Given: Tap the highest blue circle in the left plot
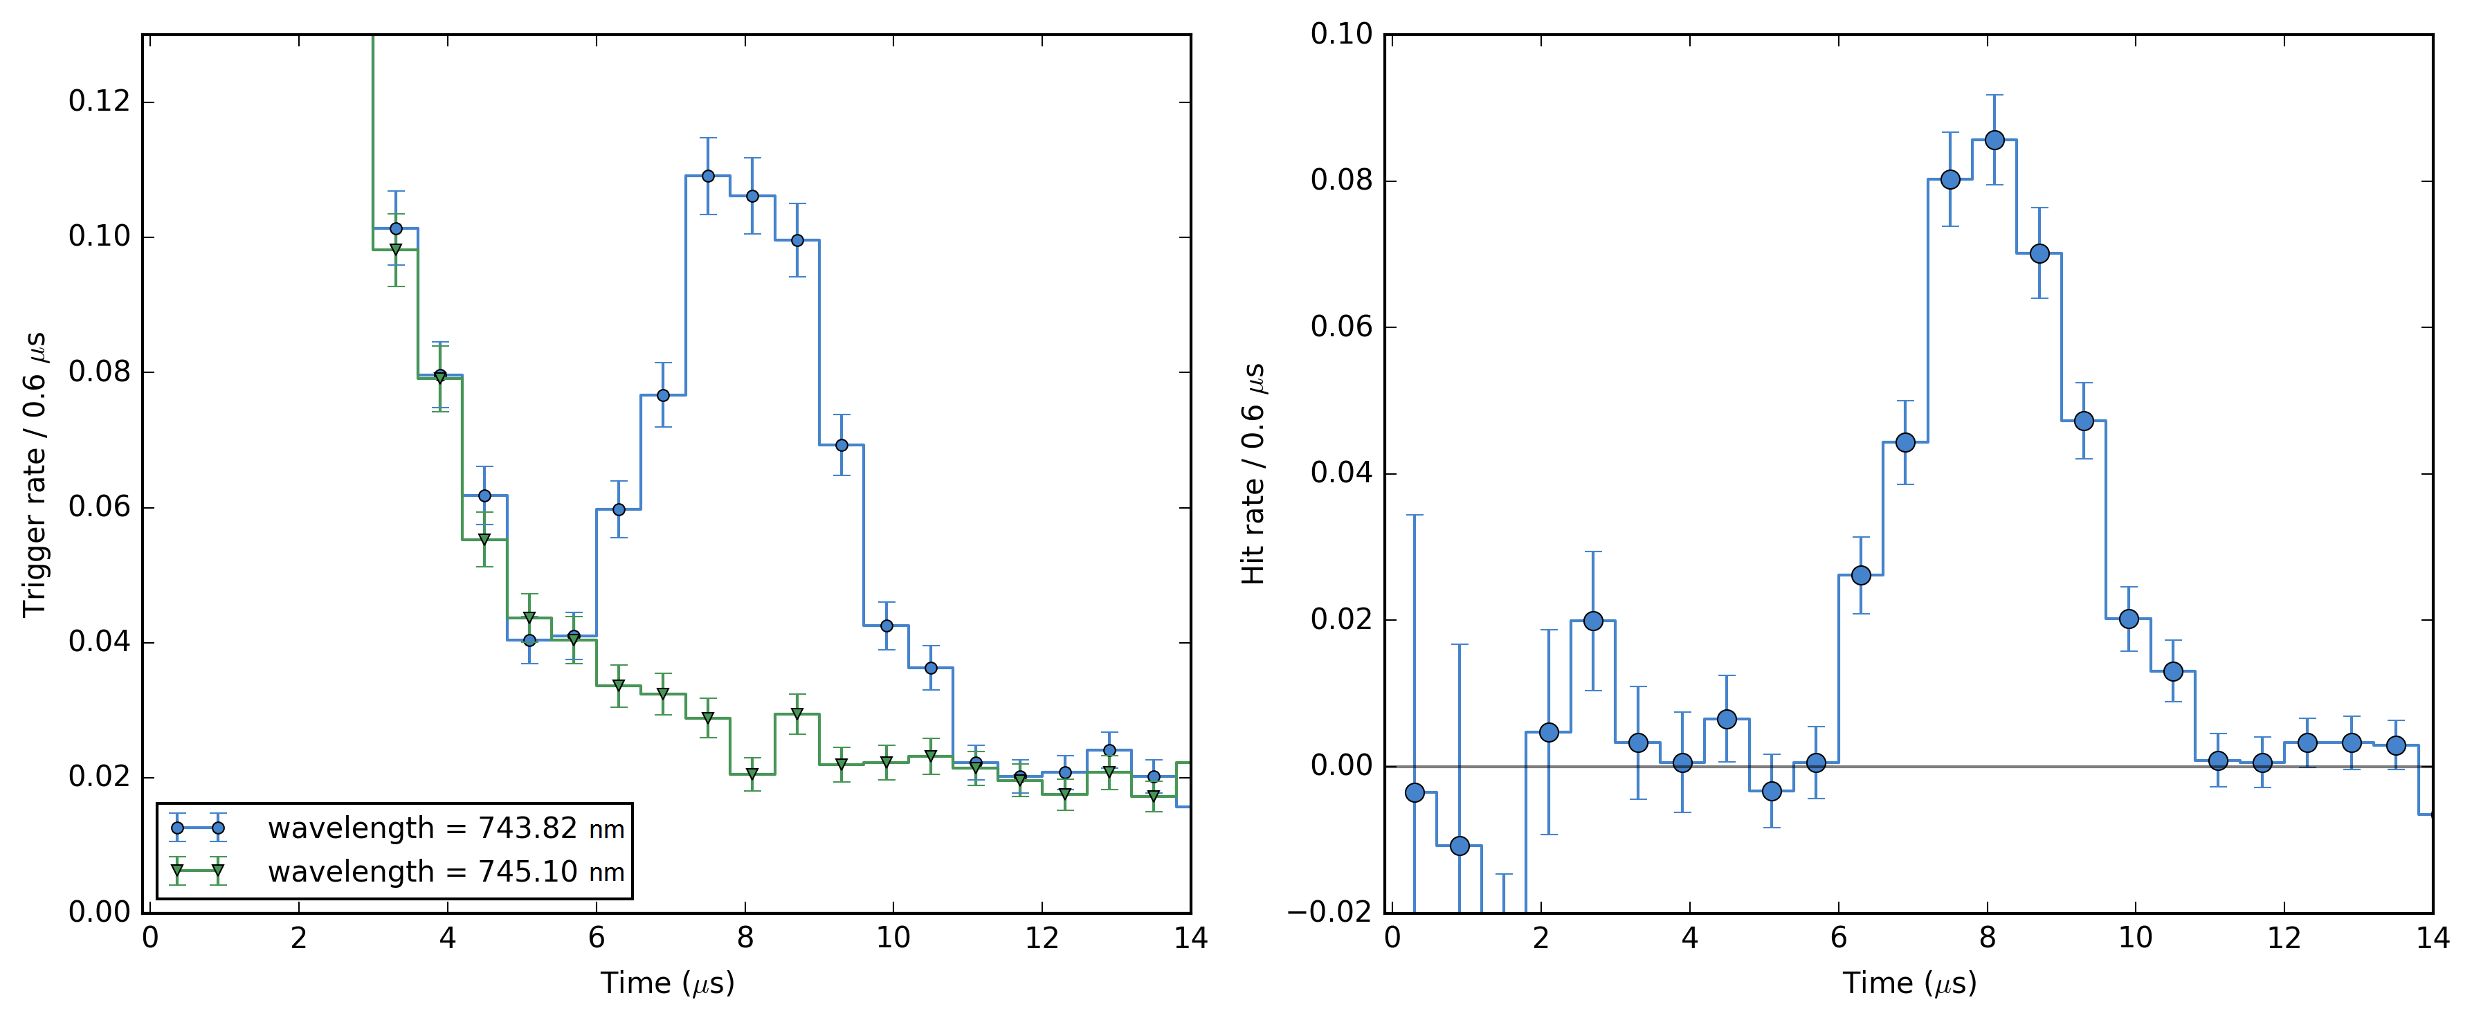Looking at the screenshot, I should coord(708,176).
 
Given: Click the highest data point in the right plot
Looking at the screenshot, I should coord(1994,140).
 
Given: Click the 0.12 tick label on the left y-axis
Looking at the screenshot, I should coord(99,101).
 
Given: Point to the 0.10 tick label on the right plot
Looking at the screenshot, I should coord(1340,35).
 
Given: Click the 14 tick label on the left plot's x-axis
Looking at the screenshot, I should coord(1190,938).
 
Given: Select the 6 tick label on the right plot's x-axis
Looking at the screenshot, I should coord(1837,938).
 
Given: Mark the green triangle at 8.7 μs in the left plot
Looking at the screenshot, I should coord(797,714).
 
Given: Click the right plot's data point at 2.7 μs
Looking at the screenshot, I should coord(1593,621).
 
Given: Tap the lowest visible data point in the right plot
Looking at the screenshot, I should coord(1460,846).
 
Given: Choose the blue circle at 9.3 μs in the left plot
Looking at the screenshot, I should coord(842,444).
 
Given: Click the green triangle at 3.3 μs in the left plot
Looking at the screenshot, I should coord(395,250).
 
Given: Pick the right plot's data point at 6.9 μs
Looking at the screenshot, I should coord(1905,442).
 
